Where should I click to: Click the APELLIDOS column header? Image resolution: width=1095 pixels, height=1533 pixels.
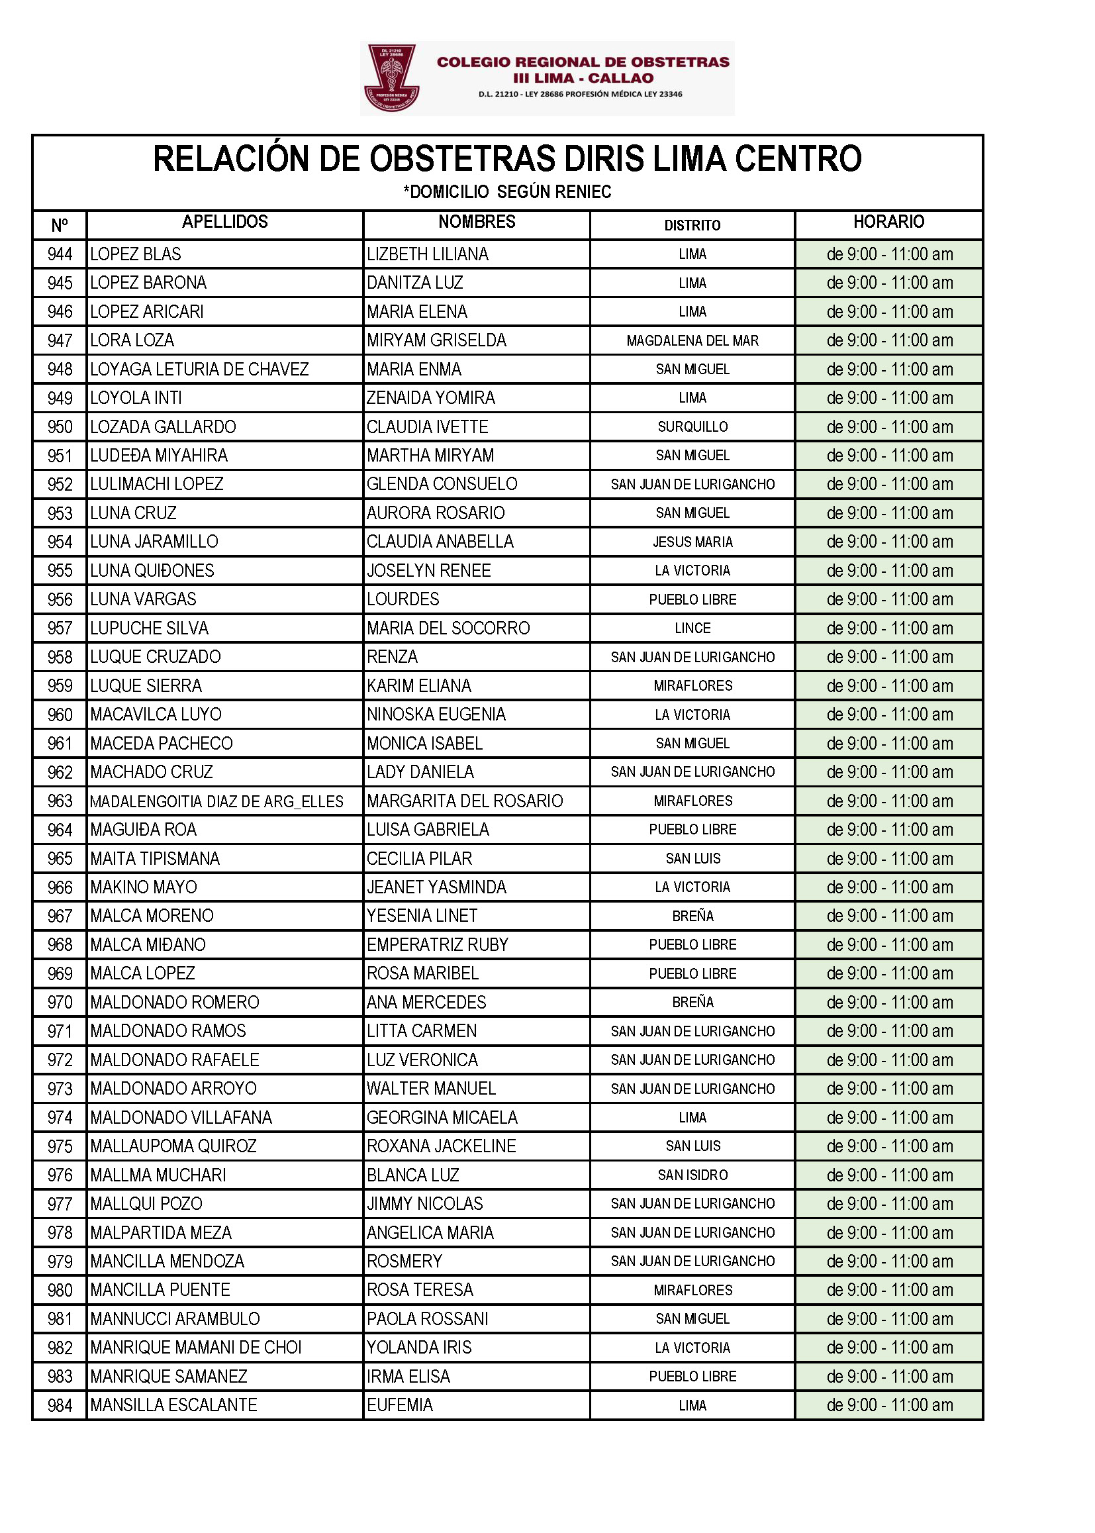coord(224,222)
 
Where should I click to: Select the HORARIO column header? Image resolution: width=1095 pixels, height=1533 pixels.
coord(888,222)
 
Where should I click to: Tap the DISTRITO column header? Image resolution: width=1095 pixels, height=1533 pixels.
coord(692,225)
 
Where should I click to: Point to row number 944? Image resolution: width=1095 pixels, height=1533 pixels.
coord(60,254)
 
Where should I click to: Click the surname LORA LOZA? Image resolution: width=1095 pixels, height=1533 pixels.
coord(132,340)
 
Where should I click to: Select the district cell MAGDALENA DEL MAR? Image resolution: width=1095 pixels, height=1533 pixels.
coord(692,340)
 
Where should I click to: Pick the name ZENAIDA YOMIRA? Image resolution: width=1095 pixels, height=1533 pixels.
coord(431,398)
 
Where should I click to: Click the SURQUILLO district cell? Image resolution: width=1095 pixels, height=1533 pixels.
coord(692,427)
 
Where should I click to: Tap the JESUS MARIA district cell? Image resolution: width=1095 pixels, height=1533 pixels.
coord(692,542)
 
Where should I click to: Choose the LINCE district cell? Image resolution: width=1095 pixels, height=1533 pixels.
coord(692,628)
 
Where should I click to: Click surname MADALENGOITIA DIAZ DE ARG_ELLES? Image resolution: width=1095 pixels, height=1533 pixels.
coord(216,801)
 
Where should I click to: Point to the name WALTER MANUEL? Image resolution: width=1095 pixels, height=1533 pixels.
coord(431,1089)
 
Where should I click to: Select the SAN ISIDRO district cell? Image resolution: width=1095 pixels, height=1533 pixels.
coord(692,1175)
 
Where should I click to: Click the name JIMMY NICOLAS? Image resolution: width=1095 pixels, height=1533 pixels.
coord(425,1204)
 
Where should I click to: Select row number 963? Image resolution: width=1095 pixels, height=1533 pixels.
coord(60,801)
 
